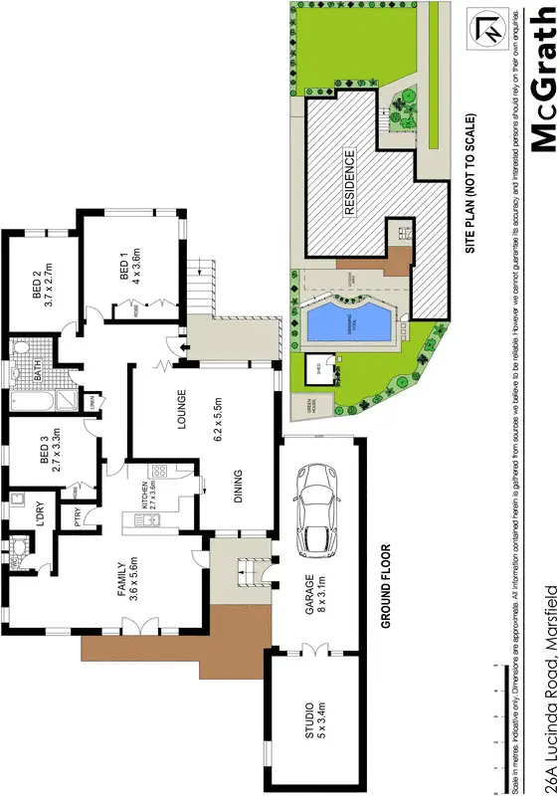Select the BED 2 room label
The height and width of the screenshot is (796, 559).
pos(37,288)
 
